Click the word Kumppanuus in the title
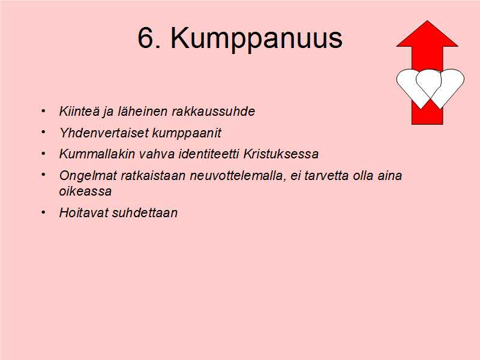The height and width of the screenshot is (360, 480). pos(257,39)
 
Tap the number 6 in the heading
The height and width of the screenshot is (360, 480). pos(145,38)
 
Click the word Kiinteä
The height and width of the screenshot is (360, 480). pos(79,111)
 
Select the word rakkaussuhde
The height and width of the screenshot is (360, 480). pos(213,111)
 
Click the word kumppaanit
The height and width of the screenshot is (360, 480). pos(187,133)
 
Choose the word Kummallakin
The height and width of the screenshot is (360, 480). pos(97,154)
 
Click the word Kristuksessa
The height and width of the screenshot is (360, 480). pos(281,154)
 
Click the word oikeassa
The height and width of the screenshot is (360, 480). pos(85,191)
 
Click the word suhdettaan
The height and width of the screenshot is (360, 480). pos(145,213)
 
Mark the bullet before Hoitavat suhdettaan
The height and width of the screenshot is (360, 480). pos(43,212)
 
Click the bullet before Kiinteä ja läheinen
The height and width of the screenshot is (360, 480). pos(43,110)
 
